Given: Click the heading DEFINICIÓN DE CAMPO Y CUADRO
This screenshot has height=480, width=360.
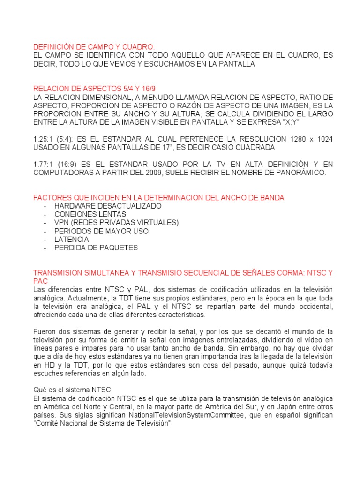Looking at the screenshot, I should point(94,47).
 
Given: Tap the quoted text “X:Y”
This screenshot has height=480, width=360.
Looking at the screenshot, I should point(290,122).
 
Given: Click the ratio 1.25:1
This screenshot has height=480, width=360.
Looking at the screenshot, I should point(43,140).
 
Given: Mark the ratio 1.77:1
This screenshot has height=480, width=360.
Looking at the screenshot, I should point(43,165).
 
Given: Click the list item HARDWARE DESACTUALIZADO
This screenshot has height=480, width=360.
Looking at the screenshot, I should point(108,206).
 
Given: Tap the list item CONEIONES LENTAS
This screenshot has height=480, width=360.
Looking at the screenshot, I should point(90,215).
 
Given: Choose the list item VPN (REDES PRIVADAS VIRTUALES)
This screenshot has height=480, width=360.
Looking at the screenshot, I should point(116,223).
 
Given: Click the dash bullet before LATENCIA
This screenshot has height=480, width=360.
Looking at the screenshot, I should point(45,240).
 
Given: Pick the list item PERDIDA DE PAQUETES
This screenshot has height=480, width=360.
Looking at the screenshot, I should point(96,248).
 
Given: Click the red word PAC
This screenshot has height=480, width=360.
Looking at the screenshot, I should point(40,281).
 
